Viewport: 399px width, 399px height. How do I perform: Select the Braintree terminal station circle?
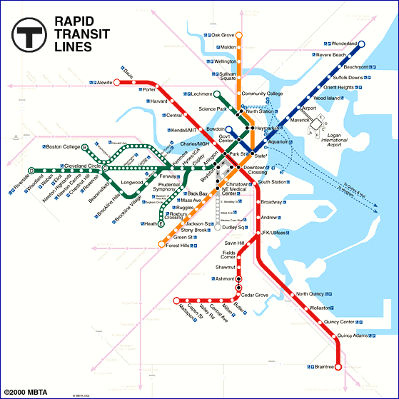(338, 367)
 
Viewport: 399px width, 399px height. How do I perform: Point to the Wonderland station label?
(343, 44)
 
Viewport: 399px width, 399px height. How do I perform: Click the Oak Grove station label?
(223, 35)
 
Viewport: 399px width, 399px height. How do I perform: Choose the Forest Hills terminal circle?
(161, 245)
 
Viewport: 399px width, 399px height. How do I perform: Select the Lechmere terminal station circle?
(196, 94)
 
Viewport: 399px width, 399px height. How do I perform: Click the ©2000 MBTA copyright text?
(26, 393)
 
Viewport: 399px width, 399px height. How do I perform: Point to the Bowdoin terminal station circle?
(230, 129)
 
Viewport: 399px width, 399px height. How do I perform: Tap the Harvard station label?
(158, 102)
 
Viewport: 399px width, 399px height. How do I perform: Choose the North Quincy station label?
(311, 294)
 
